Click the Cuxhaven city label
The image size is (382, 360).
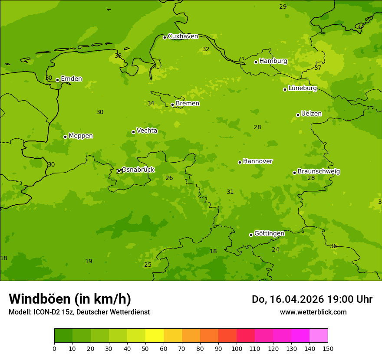183,36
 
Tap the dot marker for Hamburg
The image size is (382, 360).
256,62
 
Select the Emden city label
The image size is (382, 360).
71,79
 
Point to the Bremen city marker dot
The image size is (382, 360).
172,105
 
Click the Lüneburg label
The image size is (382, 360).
303,88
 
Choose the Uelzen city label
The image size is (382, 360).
311,114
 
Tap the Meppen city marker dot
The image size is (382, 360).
65,137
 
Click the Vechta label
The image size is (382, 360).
147,131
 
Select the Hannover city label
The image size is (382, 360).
257,161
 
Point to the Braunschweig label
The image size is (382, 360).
319,172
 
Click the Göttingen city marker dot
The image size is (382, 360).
251,235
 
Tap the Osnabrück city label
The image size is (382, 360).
138,170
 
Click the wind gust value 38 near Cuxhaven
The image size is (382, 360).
118,56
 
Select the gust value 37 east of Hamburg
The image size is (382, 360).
318,68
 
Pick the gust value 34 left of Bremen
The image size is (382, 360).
151,104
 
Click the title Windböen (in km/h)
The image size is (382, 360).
70,299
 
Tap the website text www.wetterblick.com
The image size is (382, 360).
313,312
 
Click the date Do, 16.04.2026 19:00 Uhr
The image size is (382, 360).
312,299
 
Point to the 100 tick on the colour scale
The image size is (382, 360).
237,348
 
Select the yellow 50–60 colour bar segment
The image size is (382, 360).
155,336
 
